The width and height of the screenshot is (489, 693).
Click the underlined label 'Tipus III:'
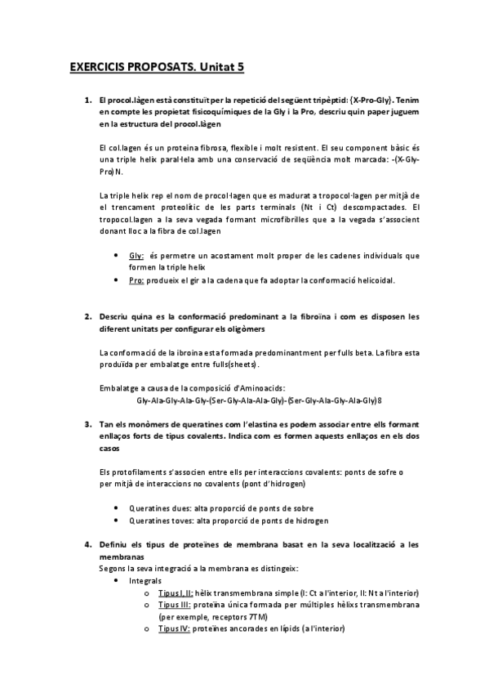click(175, 606)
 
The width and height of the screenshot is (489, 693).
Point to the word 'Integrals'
click(145, 580)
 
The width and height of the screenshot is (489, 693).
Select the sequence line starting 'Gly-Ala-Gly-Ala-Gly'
click(259, 400)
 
